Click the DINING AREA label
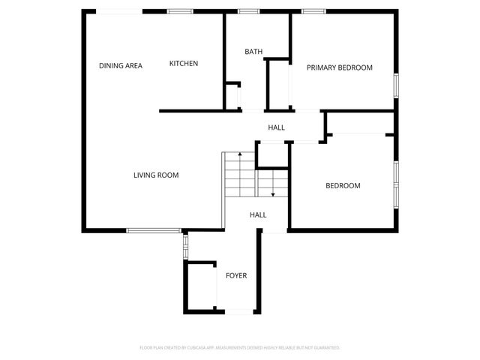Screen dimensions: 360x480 click(x=121, y=66)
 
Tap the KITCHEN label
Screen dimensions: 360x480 click(x=184, y=64)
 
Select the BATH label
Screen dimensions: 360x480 click(x=253, y=52)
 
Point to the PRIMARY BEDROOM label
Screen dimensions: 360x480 click(x=340, y=67)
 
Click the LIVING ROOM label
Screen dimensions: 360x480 click(x=156, y=175)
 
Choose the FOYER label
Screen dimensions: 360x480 click(x=236, y=276)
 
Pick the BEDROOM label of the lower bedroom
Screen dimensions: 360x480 click(x=343, y=186)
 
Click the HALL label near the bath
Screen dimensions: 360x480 click(x=277, y=128)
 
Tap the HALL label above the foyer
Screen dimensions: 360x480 click(x=258, y=215)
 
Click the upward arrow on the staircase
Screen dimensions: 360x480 click(x=239, y=155)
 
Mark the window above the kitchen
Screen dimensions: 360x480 click(x=178, y=11)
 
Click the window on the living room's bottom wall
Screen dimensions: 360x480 click(x=153, y=230)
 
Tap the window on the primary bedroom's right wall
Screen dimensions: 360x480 click(x=397, y=85)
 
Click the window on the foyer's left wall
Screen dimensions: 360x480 click(x=185, y=247)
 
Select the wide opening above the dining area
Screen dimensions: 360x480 click(x=119, y=11)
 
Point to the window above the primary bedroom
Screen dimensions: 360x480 click(x=313, y=11)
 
